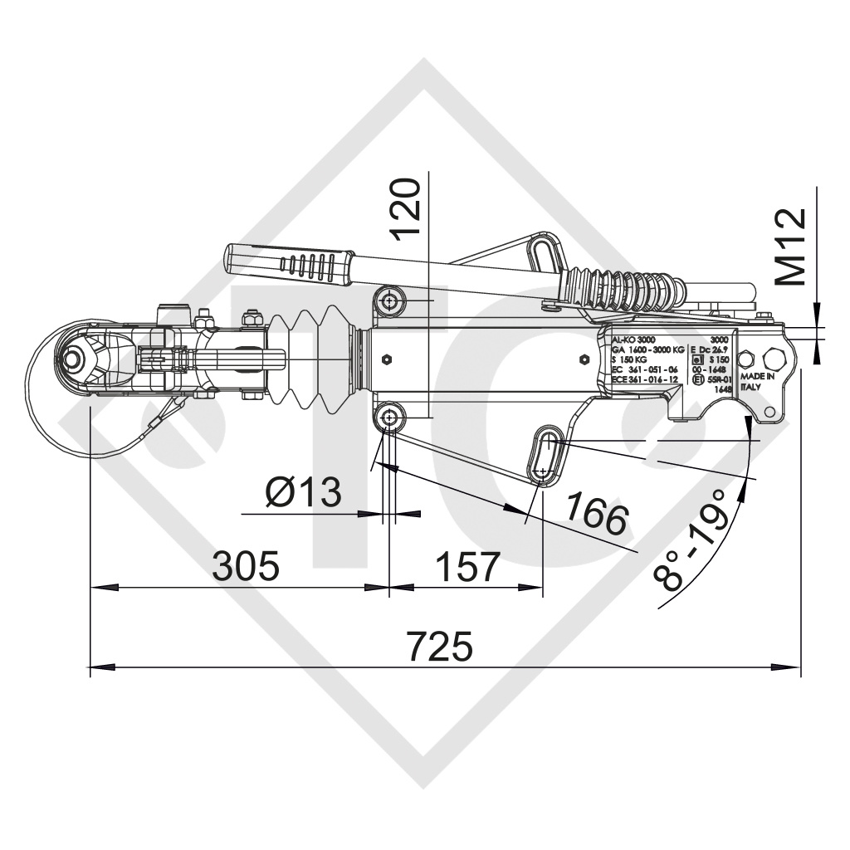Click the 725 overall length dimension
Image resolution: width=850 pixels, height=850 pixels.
coord(444,646)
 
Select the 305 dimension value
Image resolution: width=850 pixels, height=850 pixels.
coord(247,567)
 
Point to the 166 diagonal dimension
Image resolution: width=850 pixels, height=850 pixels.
coord(596,515)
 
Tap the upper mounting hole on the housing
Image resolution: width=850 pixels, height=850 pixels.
coord(389,299)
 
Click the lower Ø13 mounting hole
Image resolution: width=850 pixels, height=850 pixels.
coord(388,417)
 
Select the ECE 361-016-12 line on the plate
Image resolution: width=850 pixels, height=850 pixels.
coord(644,379)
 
